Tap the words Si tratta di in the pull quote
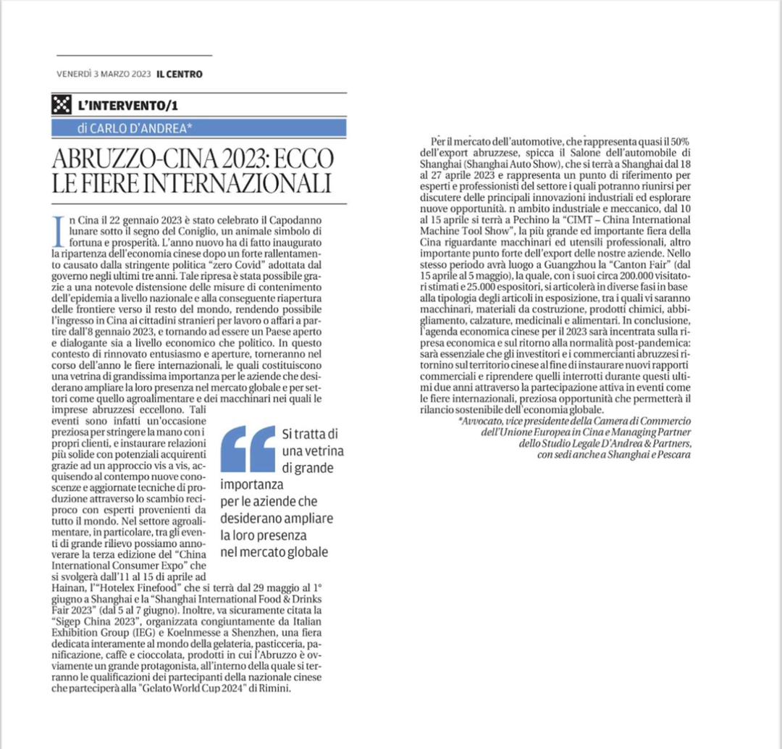coord(308,434)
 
